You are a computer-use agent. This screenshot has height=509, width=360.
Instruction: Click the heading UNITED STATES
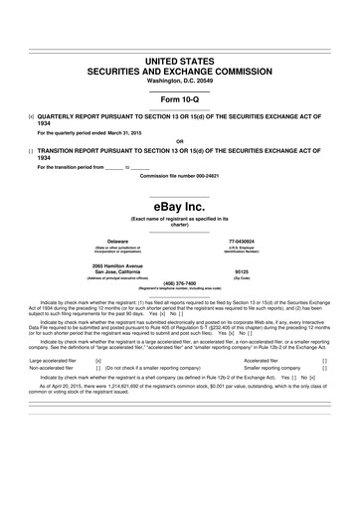180,63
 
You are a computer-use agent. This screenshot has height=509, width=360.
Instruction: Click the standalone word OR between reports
180,140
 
